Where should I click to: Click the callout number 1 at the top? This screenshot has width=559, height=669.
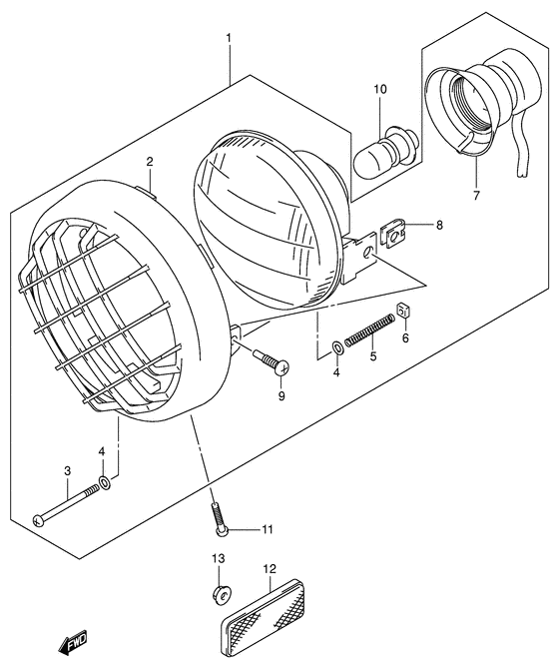[229, 39]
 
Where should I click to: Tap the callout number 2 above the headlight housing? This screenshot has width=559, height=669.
[149, 161]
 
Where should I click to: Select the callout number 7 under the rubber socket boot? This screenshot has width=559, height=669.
[476, 196]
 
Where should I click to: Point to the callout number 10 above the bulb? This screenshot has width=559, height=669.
[379, 91]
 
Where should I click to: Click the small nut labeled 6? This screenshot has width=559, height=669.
[404, 314]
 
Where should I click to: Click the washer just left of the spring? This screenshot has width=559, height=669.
[337, 348]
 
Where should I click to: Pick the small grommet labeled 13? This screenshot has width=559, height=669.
[219, 595]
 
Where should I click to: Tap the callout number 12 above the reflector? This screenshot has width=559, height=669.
[270, 570]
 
